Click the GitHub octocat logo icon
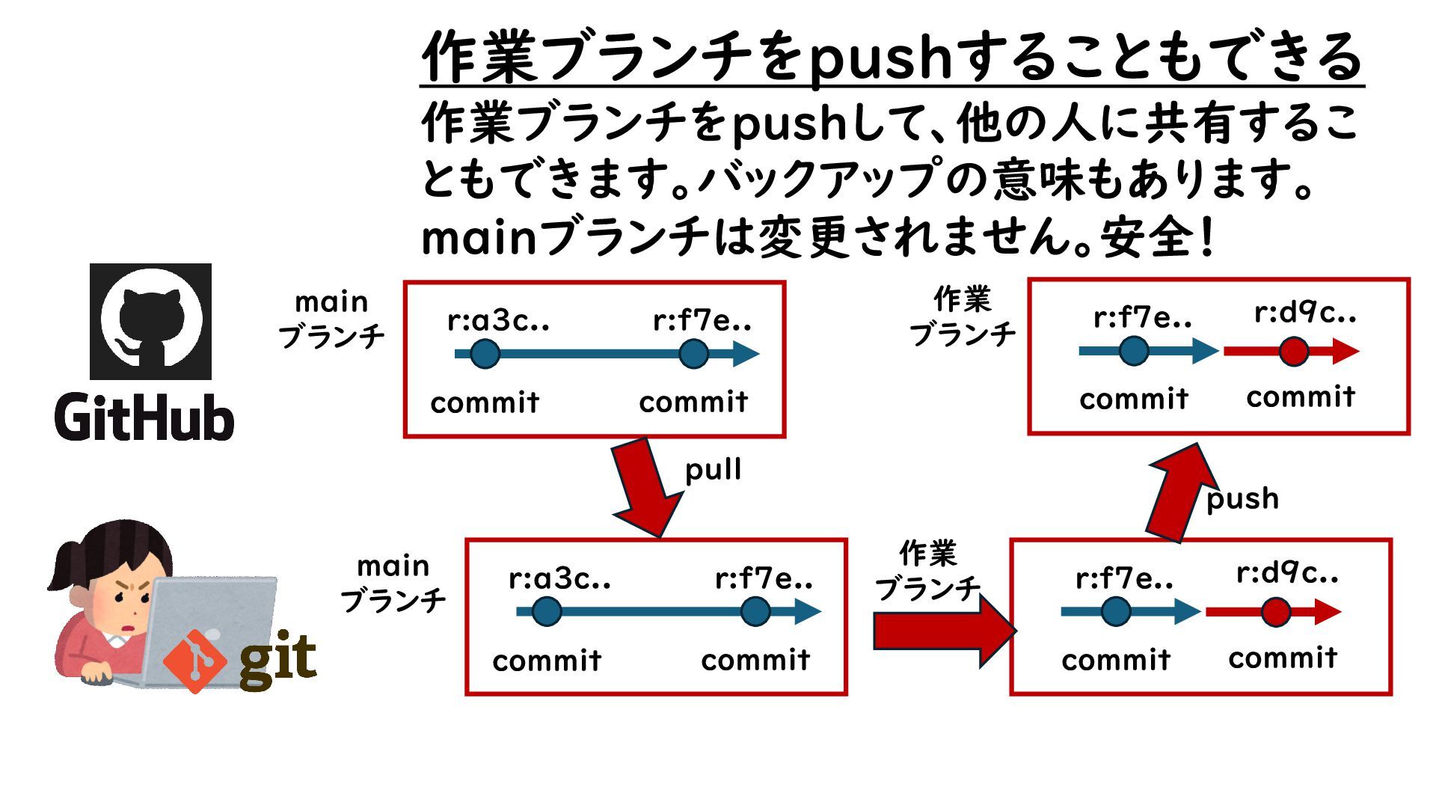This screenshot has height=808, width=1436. point(150,322)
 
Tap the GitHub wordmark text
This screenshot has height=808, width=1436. point(144,417)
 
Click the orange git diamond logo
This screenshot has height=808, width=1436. point(194,661)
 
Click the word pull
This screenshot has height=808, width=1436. point(713,470)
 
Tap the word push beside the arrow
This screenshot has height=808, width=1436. point(1242,498)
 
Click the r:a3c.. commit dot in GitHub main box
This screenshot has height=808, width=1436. point(485,354)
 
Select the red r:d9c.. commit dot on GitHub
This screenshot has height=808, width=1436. point(1293,351)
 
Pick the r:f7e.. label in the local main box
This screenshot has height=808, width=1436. point(764,578)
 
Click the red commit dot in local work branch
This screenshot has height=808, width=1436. point(1275,612)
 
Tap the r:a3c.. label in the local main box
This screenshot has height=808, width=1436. point(559,578)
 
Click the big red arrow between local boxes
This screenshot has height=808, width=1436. point(942,631)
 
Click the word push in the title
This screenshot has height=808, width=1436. point(881,58)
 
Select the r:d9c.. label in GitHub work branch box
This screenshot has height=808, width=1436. point(1305,313)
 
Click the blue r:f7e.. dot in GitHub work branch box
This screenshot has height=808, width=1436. point(1134,351)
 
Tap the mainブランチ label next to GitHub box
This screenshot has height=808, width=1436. point(331,319)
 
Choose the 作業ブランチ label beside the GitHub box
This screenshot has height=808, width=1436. point(963,316)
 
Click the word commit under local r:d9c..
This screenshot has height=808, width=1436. point(1283,658)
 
